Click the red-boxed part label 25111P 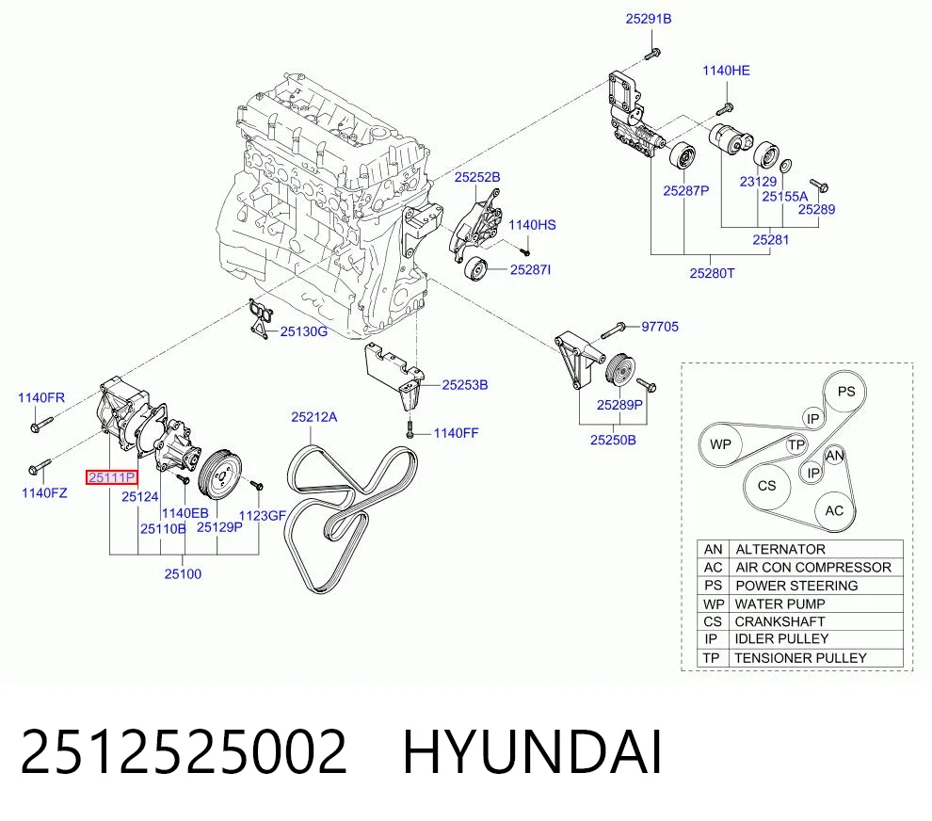coord(112,476)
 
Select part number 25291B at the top coord(649,19)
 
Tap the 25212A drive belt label coord(313,417)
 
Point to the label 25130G coord(304,331)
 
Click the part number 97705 coord(660,327)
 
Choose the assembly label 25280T coord(712,273)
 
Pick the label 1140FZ coord(44,492)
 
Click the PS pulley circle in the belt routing coord(845,392)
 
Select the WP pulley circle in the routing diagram coord(720,444)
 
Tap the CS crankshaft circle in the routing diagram coord(766,486)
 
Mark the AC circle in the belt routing coord(834,510)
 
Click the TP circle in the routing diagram coord(796,444)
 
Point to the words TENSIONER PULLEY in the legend coord(800,658)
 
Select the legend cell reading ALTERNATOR coord(780,549)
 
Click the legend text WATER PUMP coord(779,604)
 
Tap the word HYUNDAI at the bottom coord(533,752)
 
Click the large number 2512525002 coord(183,752)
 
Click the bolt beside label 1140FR coord(40,424)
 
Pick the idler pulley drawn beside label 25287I coord(475,270)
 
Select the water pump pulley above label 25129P coord(219,474)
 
